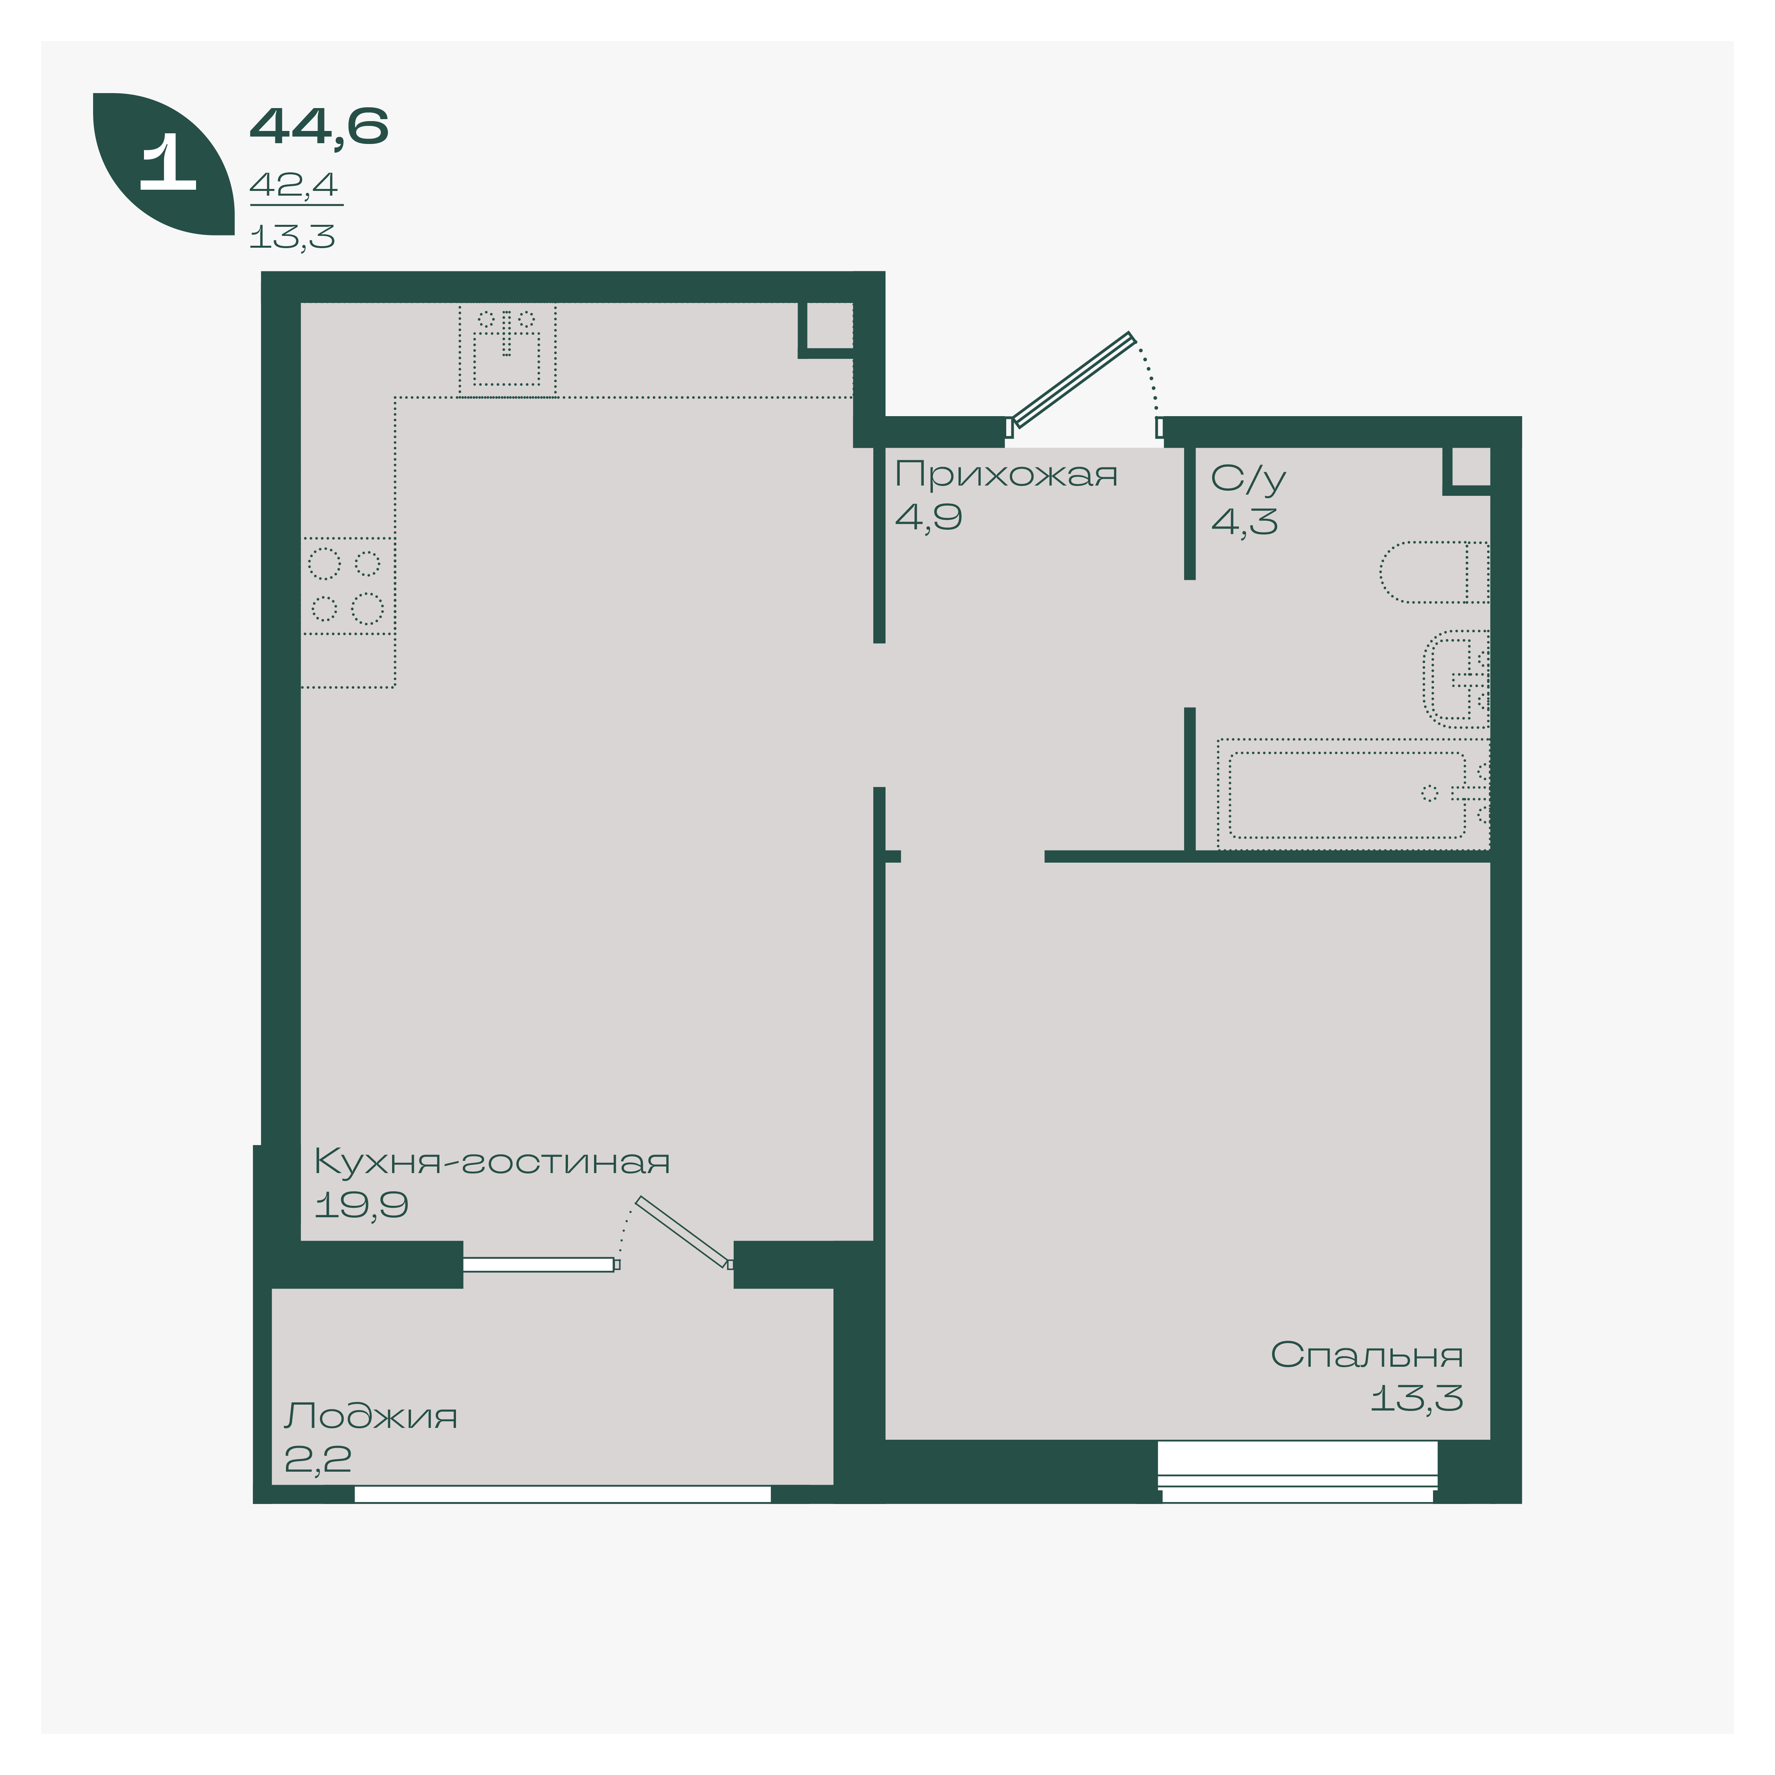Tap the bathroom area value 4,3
(1244, 522)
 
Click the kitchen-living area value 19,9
(361, 1205)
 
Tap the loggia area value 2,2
(318, 1459)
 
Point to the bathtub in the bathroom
(1353, 794)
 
